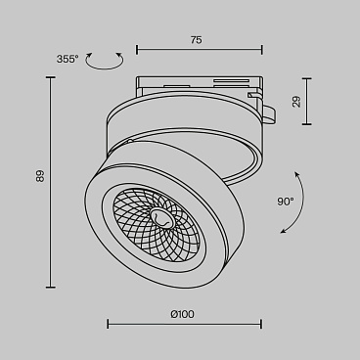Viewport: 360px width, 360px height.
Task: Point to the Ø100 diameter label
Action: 183,313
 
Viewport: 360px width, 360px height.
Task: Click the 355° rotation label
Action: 67,59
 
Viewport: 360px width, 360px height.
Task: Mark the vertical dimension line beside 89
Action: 50,182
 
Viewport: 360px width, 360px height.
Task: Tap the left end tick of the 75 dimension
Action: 135,50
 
